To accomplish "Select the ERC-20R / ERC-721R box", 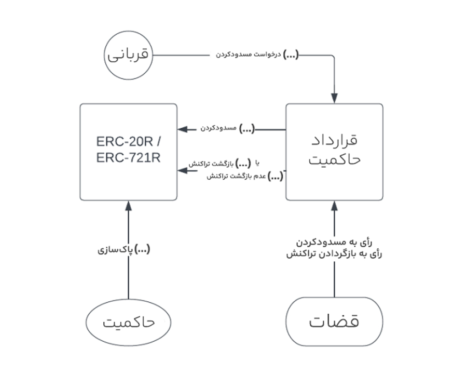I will [128, 152].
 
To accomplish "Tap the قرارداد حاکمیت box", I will [334, 152].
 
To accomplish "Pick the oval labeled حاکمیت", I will [128, 323].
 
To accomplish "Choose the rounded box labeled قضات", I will [334, 322].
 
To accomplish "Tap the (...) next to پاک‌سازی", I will [142, 250].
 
